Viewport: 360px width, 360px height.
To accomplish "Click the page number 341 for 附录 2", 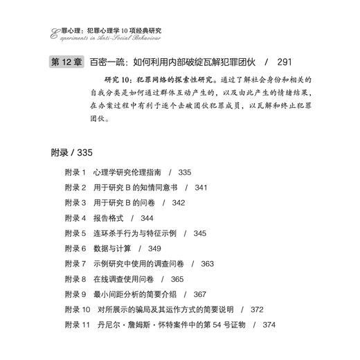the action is (201, 187).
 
